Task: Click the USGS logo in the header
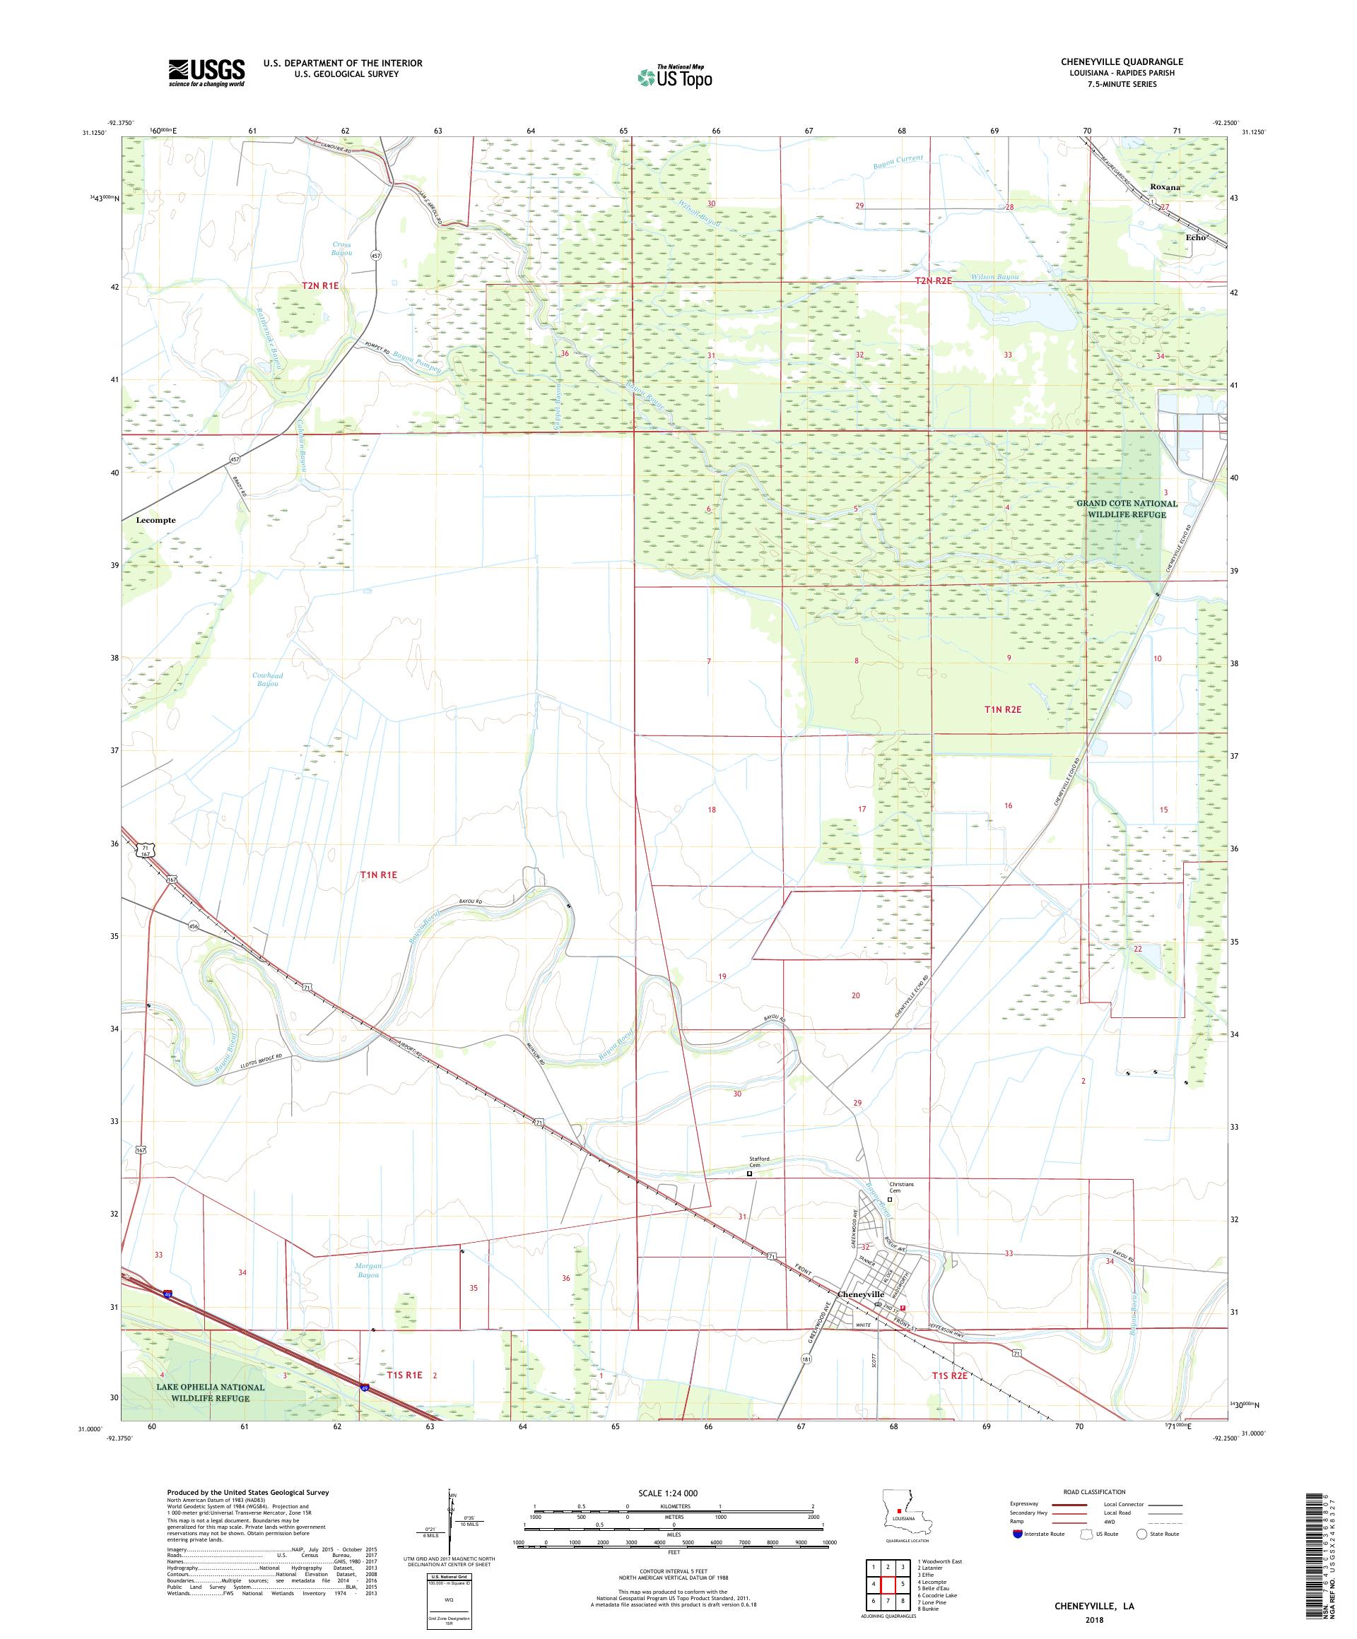pyautogui.click(x=206, y=73)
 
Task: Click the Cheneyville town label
pyautogui.click(x=859, y=1294)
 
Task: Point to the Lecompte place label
pyautogui.click(x=155, y=520)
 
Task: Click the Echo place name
pyautogui.click(x=1195, y=237)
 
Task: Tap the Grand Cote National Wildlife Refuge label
pyautogui.click(x=1126, y=509)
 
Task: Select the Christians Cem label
pyautogui.click(x=901, y=1187)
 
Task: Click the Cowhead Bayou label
pyautogui.click(x=267, y=679)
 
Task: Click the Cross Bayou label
pyautogui.click(x=341, y=248)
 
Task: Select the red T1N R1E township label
pyautogui.click(x=379, y=875)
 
